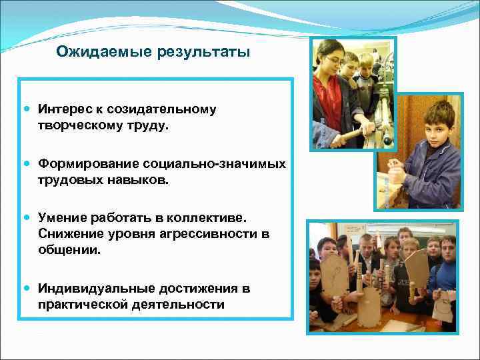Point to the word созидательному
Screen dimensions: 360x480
point(167,109)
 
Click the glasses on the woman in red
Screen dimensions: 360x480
point(333,61)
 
